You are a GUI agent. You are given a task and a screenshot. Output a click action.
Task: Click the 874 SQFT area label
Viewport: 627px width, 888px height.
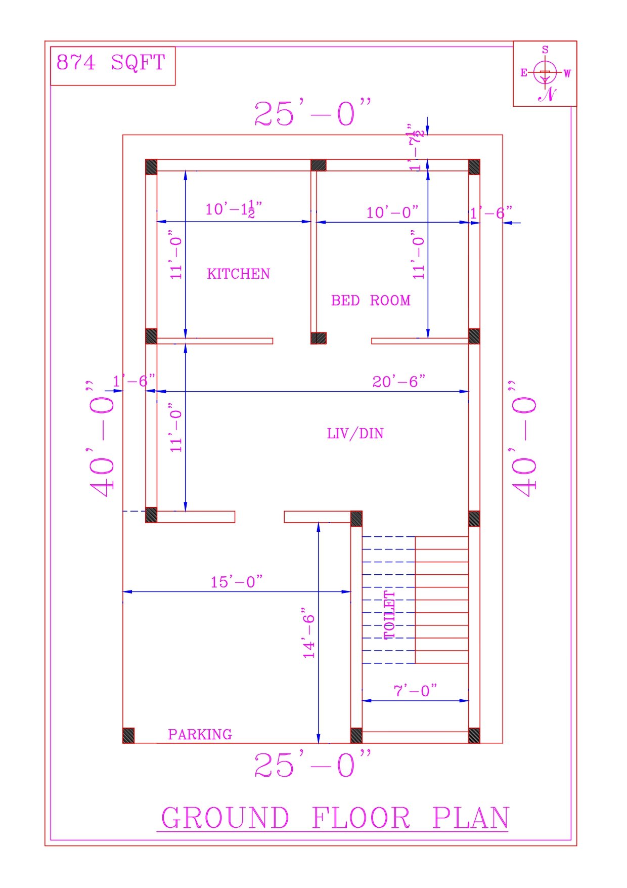tap(111, 63)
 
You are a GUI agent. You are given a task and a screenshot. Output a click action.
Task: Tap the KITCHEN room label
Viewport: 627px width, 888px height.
tap(238, 274)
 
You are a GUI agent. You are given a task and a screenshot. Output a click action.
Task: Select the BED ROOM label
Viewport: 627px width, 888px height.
tap(371, 301)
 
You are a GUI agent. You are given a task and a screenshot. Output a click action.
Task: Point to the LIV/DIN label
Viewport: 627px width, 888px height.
tap(355, 434)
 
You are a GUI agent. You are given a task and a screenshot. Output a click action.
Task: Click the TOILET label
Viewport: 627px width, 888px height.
tap(389, 615)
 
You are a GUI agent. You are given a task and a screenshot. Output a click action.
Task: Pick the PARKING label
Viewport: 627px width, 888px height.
tap(200, 734)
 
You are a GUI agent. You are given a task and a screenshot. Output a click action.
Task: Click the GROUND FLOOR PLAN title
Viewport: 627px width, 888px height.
tap(334, 818)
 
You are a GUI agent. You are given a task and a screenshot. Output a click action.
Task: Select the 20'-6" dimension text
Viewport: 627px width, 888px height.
tap(399, 382)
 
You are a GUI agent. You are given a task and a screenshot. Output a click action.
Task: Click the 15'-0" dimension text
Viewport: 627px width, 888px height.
tap(237, 582)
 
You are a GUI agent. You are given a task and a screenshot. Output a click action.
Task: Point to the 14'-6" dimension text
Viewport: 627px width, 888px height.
tap(309, 633)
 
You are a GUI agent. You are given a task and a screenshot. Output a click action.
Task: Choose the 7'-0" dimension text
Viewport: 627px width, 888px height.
tap(415, 691)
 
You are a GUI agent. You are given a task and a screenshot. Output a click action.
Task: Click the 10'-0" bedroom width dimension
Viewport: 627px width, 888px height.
tap(392, 213)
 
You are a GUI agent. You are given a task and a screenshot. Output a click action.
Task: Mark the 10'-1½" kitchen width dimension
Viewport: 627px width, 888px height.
tap(234, 209)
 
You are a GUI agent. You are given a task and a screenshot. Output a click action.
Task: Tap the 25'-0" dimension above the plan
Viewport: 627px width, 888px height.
tap(312, 113)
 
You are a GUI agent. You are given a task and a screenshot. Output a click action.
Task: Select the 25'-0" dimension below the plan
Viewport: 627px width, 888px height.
tap(312, 765)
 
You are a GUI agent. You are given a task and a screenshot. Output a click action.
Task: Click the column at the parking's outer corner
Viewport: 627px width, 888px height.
tap(129, 735)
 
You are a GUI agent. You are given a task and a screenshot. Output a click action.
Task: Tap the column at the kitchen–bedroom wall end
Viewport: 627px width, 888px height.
tap(319, 338)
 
